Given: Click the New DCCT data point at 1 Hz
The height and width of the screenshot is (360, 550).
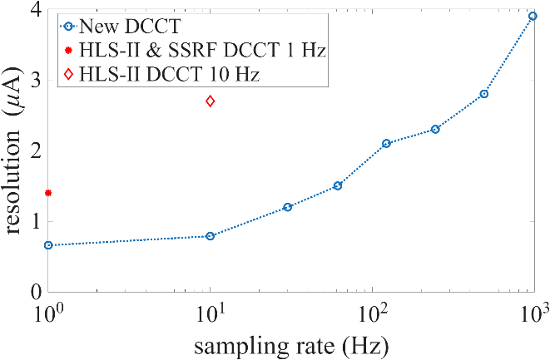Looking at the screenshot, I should click(48, 245).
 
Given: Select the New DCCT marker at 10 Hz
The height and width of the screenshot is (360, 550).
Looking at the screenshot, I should click(211, 236).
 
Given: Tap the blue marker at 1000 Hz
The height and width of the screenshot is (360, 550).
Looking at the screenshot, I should click(533, 16).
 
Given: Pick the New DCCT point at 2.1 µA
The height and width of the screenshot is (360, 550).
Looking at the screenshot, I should click(386, 143).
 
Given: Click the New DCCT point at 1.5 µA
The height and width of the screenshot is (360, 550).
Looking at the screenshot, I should click(338, 185).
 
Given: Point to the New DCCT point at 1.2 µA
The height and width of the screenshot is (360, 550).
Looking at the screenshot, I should click(288, 207).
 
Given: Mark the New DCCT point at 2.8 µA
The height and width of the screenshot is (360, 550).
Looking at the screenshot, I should click(484, 94).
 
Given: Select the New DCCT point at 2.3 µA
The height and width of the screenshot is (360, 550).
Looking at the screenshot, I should click(435, 130).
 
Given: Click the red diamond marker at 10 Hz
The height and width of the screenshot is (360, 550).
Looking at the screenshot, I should click(211, 101).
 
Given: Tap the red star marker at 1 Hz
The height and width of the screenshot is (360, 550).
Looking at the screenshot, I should click(48, 193).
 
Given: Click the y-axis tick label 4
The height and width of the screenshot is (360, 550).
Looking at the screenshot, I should click(34, 10).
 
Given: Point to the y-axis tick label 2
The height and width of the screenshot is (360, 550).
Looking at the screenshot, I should click(34, 151).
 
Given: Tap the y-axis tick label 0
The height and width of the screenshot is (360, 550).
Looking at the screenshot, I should click(34, 292).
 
